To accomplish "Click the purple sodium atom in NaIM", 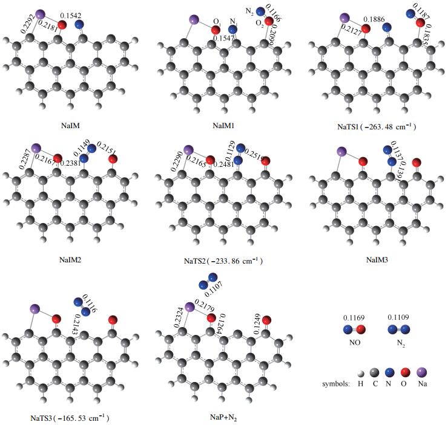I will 41,14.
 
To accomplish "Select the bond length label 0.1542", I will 71,13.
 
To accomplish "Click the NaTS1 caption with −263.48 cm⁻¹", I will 376,127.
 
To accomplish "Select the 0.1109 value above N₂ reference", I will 400,317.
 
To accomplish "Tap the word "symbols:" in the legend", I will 337,384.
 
